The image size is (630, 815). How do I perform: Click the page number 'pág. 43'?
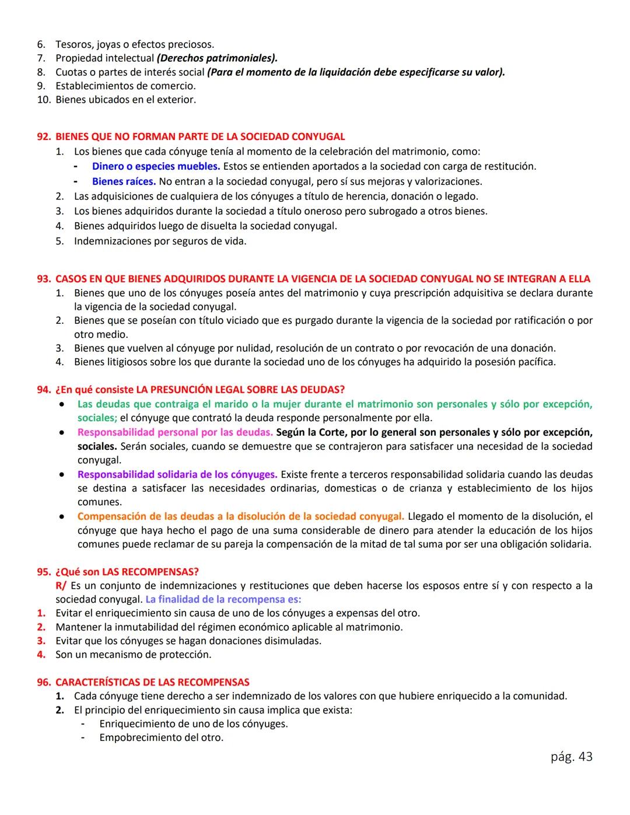point(571,757)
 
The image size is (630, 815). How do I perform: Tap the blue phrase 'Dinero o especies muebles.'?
point(156,166)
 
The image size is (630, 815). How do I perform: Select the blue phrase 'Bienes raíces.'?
point(124,181)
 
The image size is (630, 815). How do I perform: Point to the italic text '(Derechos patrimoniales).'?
point(217,58)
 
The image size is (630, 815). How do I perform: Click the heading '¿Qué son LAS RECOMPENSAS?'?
point(127,571)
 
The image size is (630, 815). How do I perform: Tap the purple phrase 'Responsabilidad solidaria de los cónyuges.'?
point(177,474)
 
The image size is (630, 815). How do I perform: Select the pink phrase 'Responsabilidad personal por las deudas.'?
point(174,432)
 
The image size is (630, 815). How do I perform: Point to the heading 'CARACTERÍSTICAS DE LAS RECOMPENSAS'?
point(152,682)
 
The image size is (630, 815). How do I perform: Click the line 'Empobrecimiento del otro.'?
point(161,737)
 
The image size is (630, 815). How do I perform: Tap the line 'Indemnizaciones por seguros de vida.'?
point(160,241)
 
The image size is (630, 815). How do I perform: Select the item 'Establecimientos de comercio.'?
point(125,86)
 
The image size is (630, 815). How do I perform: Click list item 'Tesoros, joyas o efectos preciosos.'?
point(135,44)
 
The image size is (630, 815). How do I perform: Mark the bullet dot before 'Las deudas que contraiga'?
point(61,404)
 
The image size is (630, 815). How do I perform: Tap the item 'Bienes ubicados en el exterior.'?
point(125,100)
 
